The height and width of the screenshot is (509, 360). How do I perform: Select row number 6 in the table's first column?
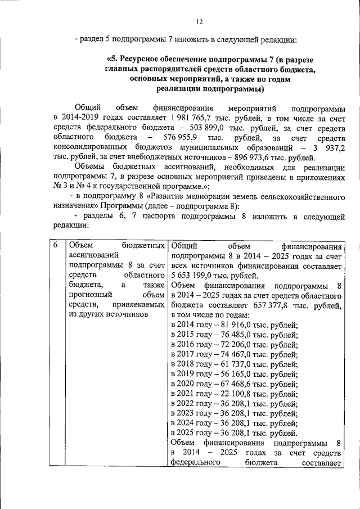[55, 246]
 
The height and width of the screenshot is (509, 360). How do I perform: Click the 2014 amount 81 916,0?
[229, 325]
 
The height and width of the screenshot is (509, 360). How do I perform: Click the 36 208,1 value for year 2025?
[229, 434]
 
